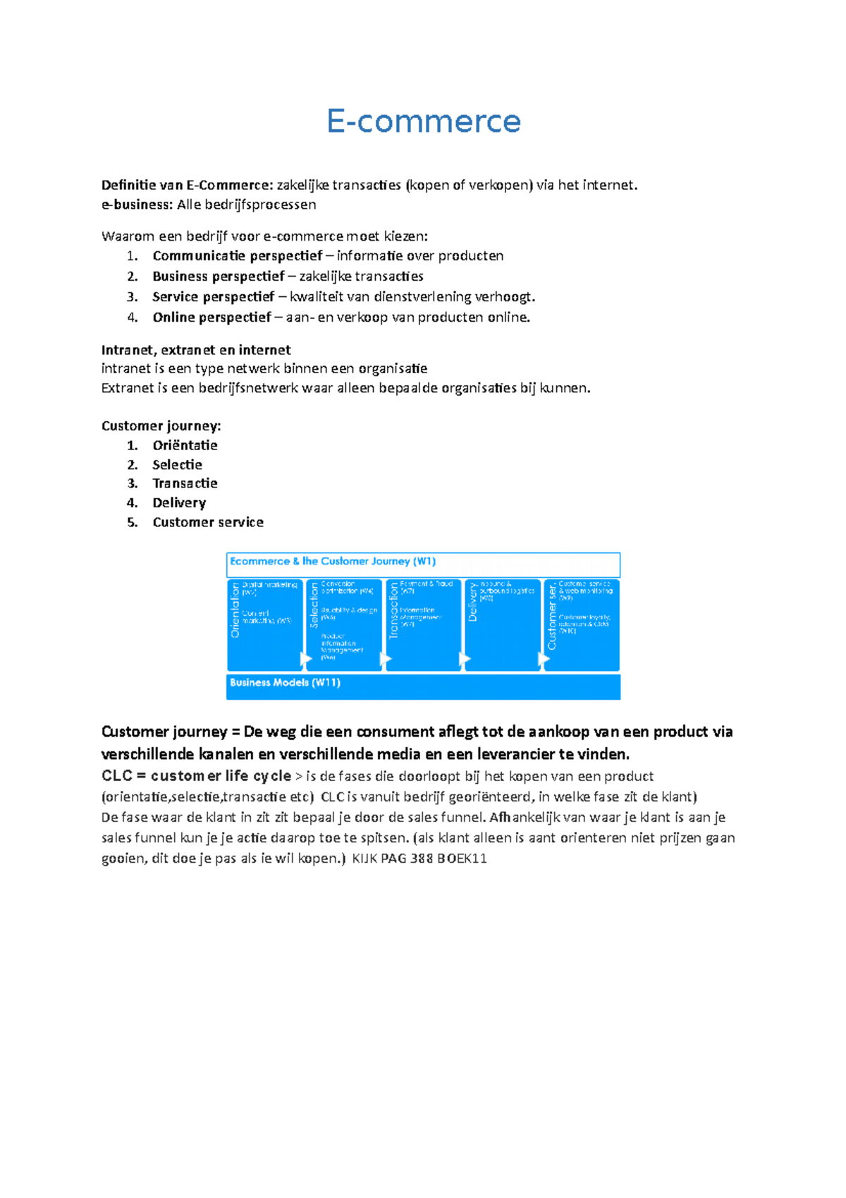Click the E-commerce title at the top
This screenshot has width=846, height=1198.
tap(424, 121)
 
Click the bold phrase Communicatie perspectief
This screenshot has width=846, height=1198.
tap(237, 256)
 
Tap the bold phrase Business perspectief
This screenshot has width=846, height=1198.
tap(219, 277)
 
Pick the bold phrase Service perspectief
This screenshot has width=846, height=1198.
tap(213, 297)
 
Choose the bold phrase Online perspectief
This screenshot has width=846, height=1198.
tap(211, 317)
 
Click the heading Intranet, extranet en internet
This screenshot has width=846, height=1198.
tap(196, 350)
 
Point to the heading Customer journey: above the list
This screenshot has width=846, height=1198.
tap(161, 426)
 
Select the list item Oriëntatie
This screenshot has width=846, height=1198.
tap(185, 445)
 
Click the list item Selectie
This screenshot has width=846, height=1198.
tap(177, 465)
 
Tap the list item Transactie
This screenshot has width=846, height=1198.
tap(185, 483)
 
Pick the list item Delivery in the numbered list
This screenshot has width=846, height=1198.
tap(179, 503)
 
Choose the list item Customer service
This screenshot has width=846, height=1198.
tap(208, 523)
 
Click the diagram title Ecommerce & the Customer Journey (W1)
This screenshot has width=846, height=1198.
tap(333, 562)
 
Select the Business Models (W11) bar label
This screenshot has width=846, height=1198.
tap(285, 683)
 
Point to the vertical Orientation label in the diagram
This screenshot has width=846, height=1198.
tap(235, 611)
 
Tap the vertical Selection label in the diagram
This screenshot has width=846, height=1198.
tap(314, 605)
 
